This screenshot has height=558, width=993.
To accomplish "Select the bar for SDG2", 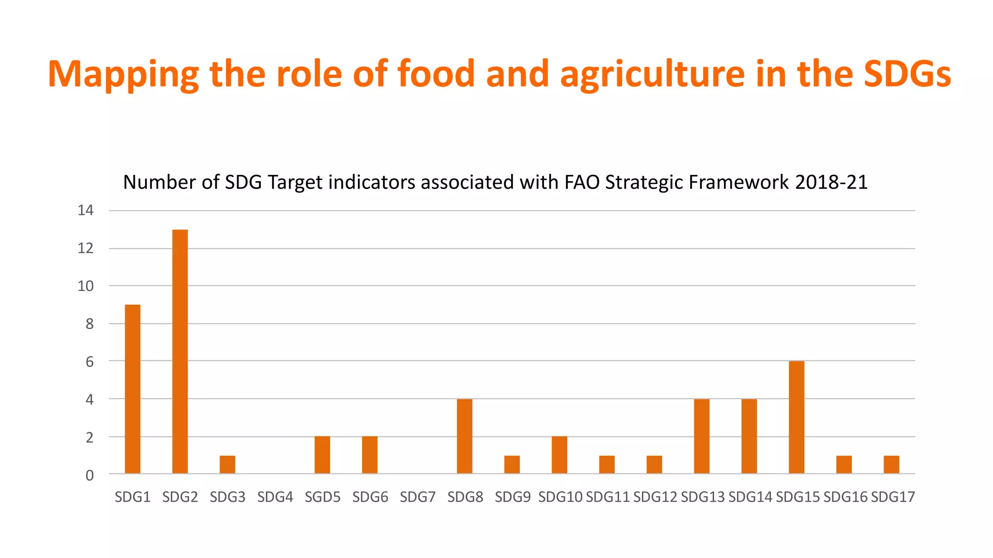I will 180,351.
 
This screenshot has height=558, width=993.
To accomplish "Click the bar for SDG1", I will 132,389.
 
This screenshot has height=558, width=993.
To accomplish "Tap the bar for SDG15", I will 796,417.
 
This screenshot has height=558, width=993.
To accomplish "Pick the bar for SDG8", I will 464,436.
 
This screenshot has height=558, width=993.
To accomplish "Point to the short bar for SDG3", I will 227,465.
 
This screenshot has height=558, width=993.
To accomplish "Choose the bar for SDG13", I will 702,436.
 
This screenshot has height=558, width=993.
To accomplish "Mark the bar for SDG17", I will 891,465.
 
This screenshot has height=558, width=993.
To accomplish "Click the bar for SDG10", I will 559,455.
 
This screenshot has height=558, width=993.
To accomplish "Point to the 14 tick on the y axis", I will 86,210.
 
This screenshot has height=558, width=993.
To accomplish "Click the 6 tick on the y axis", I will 90,362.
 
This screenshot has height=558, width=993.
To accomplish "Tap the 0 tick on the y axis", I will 90,476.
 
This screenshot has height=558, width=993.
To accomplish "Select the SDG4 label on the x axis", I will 275,497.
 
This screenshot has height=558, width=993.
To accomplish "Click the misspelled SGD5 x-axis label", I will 322,497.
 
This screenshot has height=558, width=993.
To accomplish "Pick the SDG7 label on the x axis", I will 417,497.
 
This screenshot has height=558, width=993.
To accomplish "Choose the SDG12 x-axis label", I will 655,497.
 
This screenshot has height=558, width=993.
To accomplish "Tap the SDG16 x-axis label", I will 845,497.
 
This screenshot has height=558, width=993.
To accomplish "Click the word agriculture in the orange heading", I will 652,74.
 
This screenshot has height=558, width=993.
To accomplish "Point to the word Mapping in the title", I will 123,74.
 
